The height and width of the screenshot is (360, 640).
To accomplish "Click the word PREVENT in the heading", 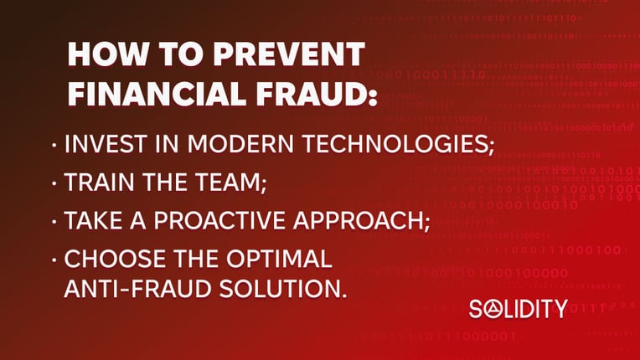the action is (289, 54).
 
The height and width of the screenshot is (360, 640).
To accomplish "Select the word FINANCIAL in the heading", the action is (157, 94).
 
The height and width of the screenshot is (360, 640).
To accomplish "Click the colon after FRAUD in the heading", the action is (373, 98).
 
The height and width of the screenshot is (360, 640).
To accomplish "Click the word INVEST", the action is (106, 143).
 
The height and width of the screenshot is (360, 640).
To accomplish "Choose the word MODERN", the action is (240, 143).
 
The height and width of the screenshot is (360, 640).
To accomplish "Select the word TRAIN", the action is (99, 182).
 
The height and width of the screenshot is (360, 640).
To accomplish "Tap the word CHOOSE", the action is (115, 259).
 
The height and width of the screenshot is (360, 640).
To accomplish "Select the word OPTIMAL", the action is (279, 259).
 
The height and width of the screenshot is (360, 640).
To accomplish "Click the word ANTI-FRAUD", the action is (137, 289).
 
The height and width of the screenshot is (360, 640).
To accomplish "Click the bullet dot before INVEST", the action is (54, 144).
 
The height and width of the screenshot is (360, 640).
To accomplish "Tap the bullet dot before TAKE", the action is (54, 221).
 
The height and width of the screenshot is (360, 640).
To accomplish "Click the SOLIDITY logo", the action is (519, 309).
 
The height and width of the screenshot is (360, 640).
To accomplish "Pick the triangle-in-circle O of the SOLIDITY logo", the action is (493, 309).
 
